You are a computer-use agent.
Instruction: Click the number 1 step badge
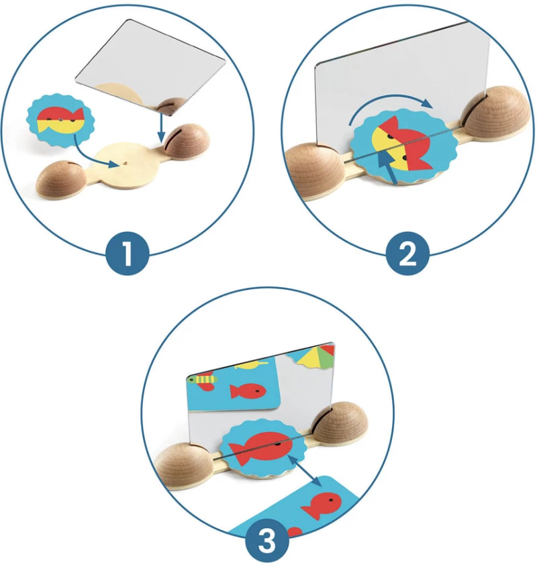(128, 254)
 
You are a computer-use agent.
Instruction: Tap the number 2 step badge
(407, 254)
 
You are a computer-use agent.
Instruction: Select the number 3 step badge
(267, 541)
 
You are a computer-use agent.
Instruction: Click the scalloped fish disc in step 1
(61, 120)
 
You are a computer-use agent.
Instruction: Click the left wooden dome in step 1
(62, 180)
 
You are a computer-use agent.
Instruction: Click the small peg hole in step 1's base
(126, 163)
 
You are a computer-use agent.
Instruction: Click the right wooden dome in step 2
(497, 110)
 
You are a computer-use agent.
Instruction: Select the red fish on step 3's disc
(260, 448)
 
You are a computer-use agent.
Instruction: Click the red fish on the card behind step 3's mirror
(248, 392)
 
